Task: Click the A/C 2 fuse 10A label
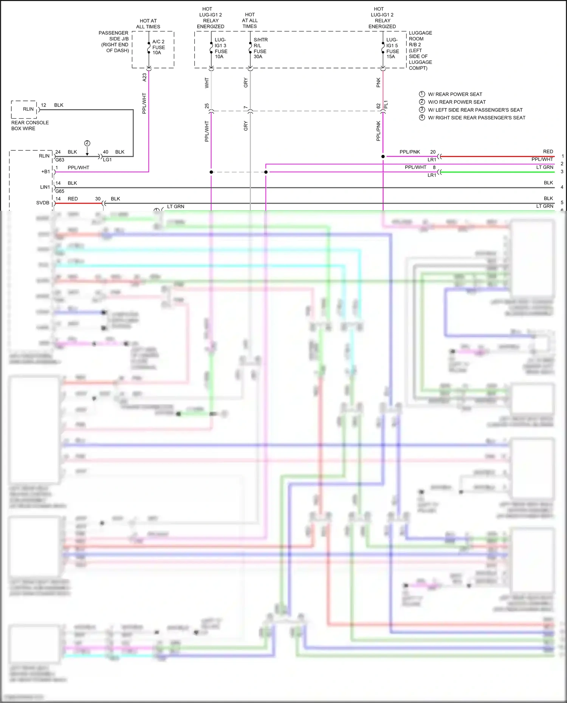158,47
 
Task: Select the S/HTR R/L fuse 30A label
260,48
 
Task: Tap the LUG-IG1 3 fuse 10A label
221,48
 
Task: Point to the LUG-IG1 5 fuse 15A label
392,48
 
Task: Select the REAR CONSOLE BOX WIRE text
30,125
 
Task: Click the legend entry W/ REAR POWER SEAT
455,94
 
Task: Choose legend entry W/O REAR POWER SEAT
457,102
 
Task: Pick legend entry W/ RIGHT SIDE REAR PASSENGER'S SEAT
476,118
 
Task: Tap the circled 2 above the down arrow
87,143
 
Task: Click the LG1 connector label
107,160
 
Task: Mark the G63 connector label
60,160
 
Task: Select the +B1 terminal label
45,172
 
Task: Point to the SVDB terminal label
43,203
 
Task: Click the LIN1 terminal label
45,187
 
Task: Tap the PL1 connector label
386,105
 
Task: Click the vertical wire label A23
144,77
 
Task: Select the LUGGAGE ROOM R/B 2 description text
420,50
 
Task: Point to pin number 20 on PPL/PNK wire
433,152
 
